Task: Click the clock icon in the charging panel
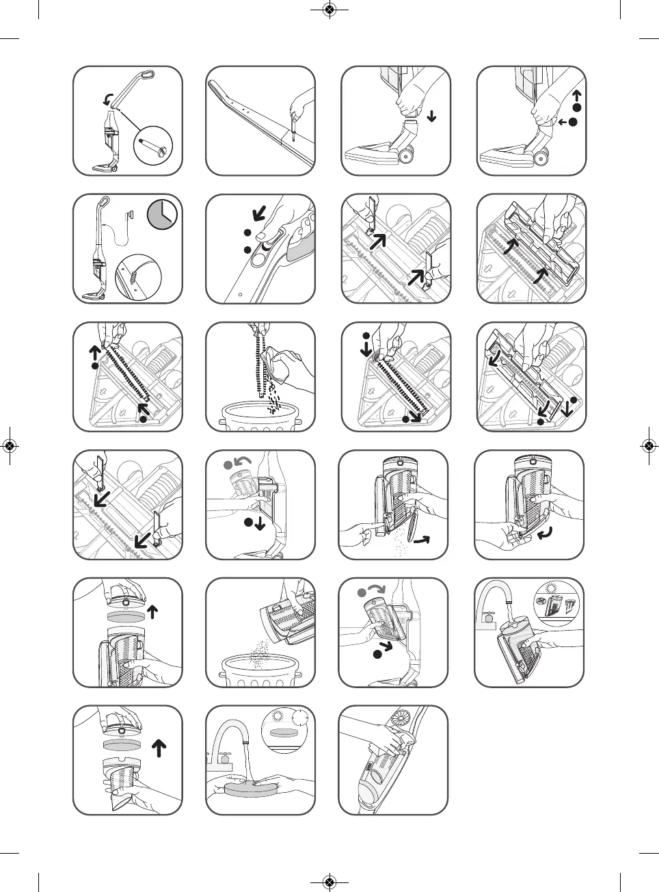162,213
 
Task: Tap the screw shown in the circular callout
152,146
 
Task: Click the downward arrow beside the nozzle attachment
431,116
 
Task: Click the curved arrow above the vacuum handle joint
108,101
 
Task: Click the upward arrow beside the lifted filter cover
153,611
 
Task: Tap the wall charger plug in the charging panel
130,215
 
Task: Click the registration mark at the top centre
329,10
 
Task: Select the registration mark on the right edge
649,447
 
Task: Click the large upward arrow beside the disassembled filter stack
159,748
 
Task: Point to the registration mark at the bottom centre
329,882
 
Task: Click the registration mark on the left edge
10,447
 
